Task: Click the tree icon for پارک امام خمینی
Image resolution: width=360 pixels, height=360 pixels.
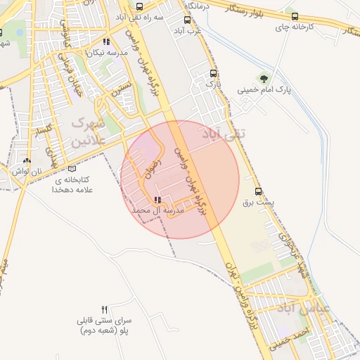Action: [264, 78]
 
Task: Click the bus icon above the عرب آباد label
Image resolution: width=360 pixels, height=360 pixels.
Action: [187, 20]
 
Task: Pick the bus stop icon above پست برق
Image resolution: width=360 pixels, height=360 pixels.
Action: [258, 191]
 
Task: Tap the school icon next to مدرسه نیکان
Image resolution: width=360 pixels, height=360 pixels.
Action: [106, 41]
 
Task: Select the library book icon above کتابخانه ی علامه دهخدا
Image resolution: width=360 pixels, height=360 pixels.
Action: [72, 169]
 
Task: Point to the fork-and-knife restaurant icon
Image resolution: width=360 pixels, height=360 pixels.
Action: [105, 309]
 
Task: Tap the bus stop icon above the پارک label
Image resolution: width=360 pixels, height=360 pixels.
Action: [213, 72]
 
